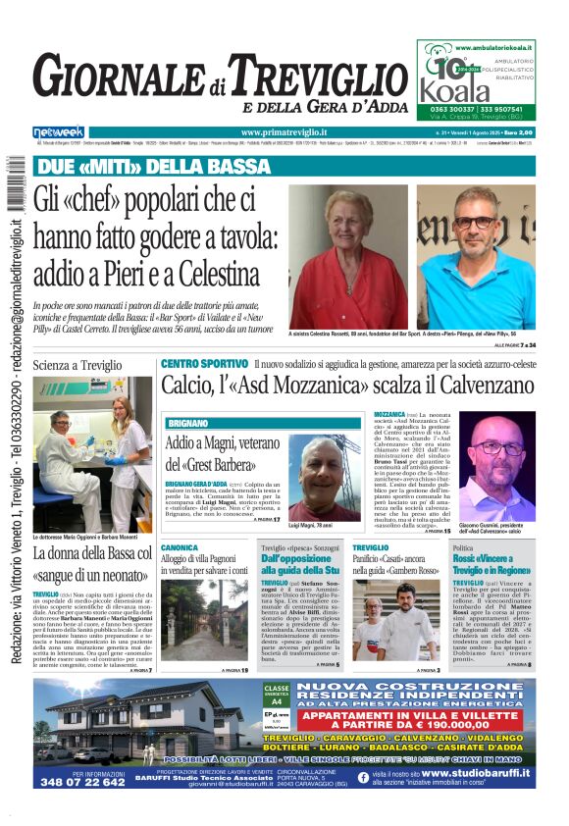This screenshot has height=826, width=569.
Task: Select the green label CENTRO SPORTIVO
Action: [x=204, y=364]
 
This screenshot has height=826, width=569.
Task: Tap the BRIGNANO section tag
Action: [x=187, y=423]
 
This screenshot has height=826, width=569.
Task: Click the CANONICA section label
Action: [x=180, y=547]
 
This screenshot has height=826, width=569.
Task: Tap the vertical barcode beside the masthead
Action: [x=15, y=188]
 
